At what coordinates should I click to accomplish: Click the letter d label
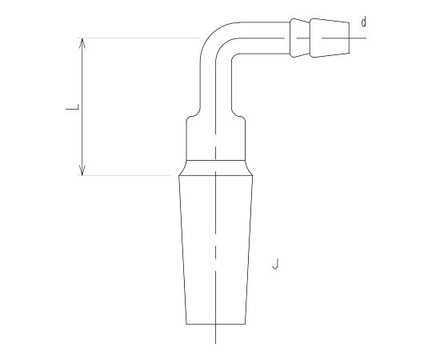coord(364,22)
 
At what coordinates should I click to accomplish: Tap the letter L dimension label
coord(73,107)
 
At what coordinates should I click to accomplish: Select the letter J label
coord(275,264)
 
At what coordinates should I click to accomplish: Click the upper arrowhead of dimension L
coord(82,42)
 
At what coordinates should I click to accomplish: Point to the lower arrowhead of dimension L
coord(82,170)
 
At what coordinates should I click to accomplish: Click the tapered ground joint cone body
coord(215,250)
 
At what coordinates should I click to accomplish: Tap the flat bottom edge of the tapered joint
coord(215,324)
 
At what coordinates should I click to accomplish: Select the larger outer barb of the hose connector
coord(330,38)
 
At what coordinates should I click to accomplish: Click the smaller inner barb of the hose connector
coord(300,38)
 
